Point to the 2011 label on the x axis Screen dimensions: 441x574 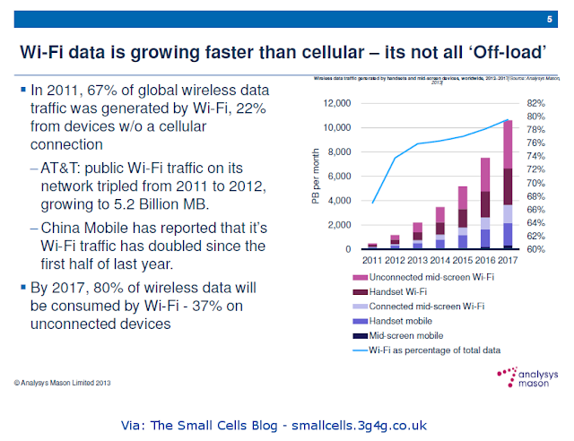[372, 259]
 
